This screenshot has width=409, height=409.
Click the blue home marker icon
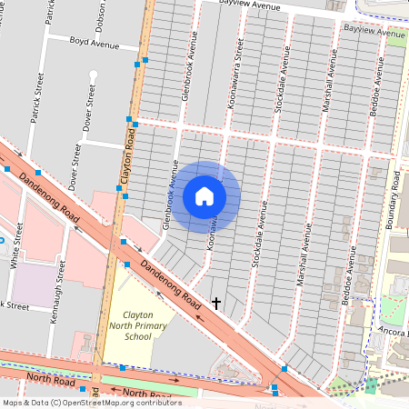point(204,195)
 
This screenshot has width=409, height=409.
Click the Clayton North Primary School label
point(151,324)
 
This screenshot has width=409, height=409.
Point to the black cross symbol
point(216,301)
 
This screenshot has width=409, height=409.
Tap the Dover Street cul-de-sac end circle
point(93,75)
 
